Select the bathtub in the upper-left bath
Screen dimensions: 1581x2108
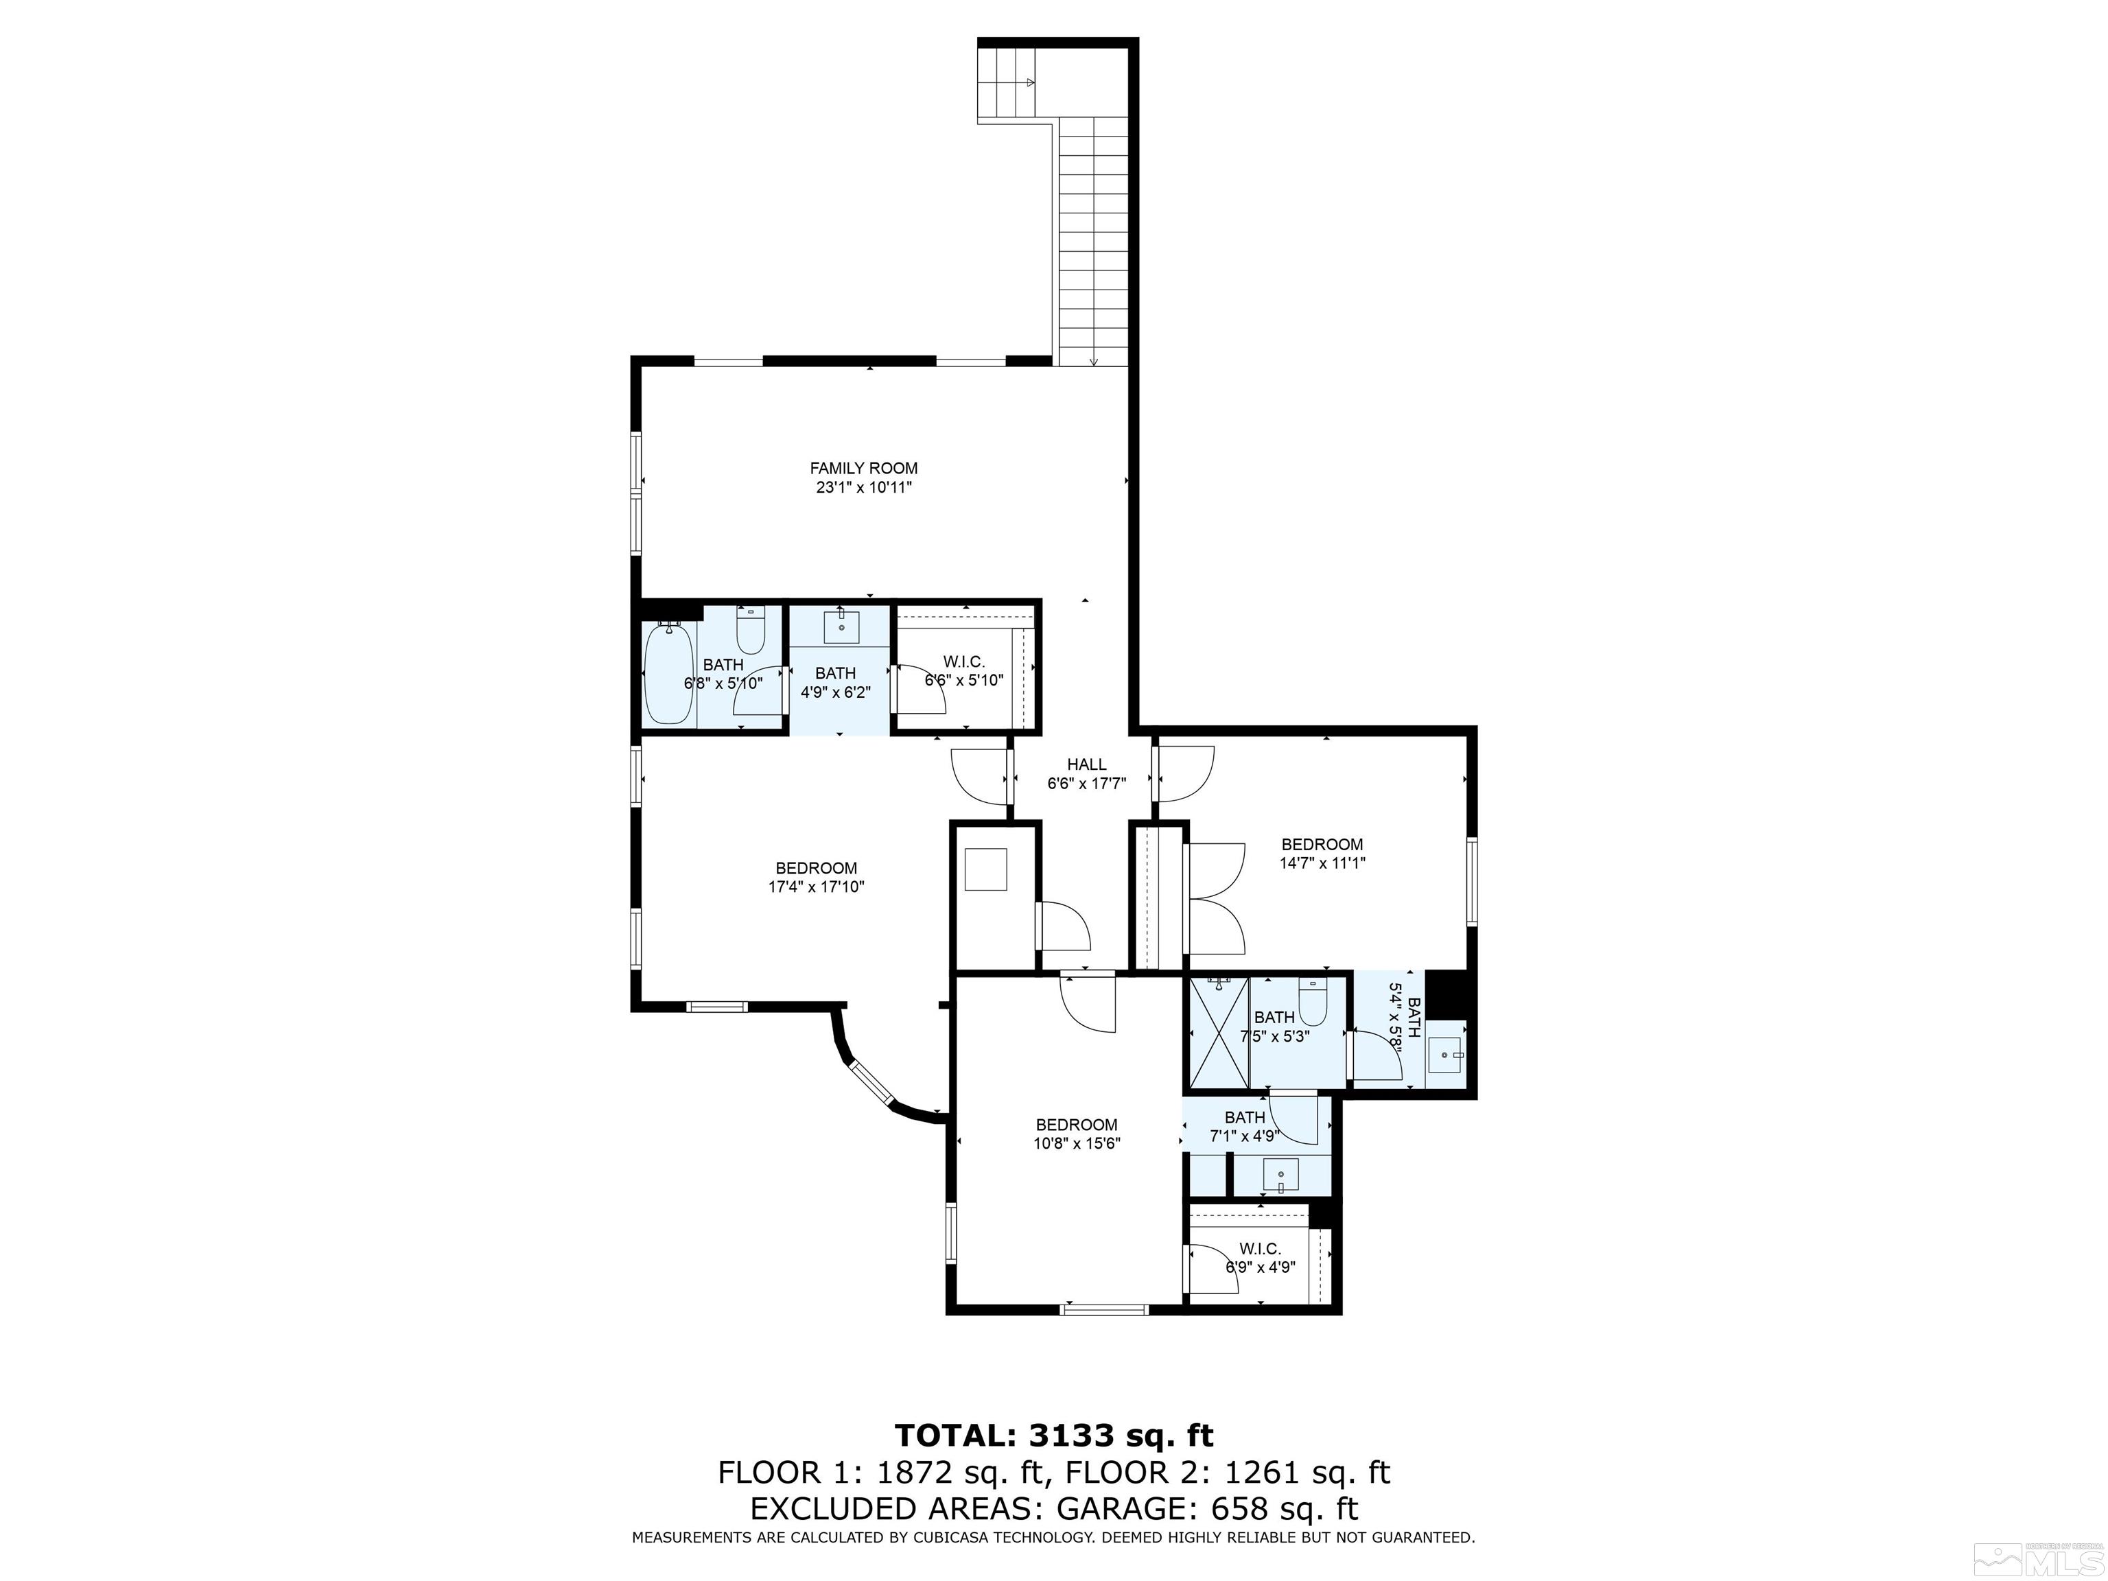[668, 672]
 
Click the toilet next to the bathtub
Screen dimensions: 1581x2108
[751, 630]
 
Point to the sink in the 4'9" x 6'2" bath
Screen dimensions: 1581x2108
[841, 628]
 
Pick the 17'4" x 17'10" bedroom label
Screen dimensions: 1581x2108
[816, 877]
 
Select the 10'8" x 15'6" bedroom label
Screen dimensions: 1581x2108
[1077, 1134]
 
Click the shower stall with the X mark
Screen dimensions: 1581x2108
[1217, 1031]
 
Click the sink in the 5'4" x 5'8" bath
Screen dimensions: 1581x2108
[1447, 1055]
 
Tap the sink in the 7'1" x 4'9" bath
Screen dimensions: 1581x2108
[1283, 1175]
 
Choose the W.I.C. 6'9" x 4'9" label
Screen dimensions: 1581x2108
[1260, 1258]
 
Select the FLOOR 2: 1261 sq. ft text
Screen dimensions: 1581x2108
[1228, 1473]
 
